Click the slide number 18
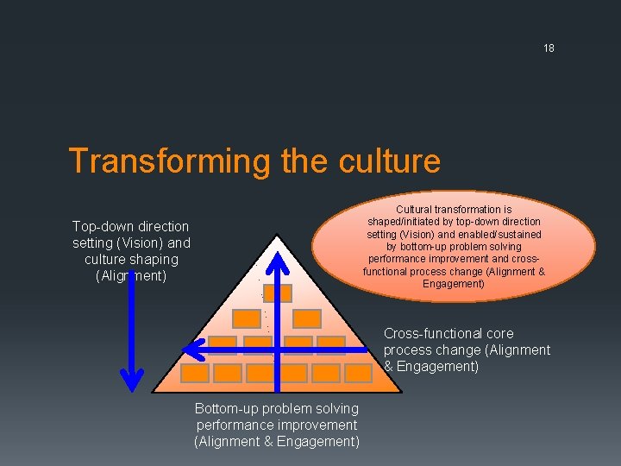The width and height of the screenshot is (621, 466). (549, 48)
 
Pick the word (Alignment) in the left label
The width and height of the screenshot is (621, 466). (131, 276)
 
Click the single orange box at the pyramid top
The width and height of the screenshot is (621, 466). (277, 293)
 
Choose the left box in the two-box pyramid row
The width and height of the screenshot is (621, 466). (248, 318)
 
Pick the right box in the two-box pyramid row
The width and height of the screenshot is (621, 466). (299, 318)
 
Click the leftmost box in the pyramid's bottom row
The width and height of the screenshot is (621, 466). (195, 373)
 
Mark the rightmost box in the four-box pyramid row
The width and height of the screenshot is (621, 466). (329, 345)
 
